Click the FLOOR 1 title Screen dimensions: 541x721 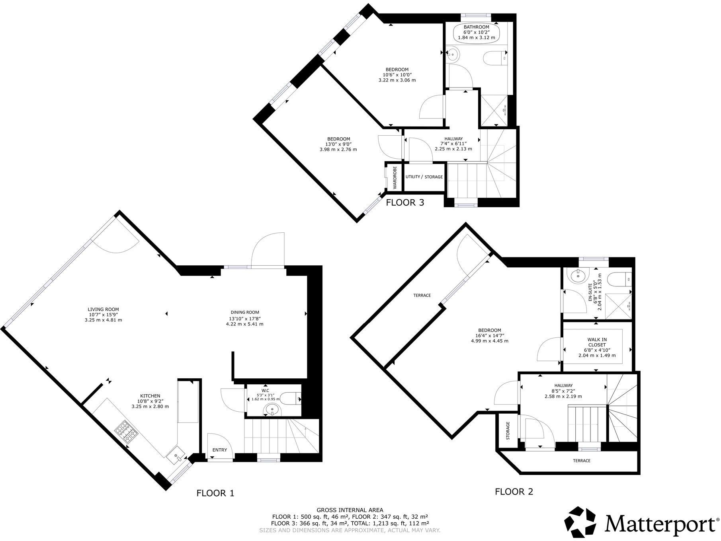[x=215, y=493]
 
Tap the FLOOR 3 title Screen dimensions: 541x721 [x=405, y=202]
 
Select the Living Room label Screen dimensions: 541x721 [x=103, y=309]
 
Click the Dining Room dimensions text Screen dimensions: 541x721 [x=244, y=321]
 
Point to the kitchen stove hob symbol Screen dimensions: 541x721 [x=125, y=432]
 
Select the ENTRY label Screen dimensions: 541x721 [x=219, y=450]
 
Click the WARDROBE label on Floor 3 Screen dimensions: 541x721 [x=395, y=177]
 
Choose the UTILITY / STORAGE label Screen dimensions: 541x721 [x=424, y=177]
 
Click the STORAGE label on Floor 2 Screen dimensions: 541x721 [x=508, y=431]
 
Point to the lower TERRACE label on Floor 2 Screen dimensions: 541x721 [x=581, y=461]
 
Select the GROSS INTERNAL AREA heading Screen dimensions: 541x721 [x=350, y=510]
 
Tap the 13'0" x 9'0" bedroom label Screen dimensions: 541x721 [x=338, y=144]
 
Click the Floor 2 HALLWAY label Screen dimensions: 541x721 [x=563, y=385]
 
